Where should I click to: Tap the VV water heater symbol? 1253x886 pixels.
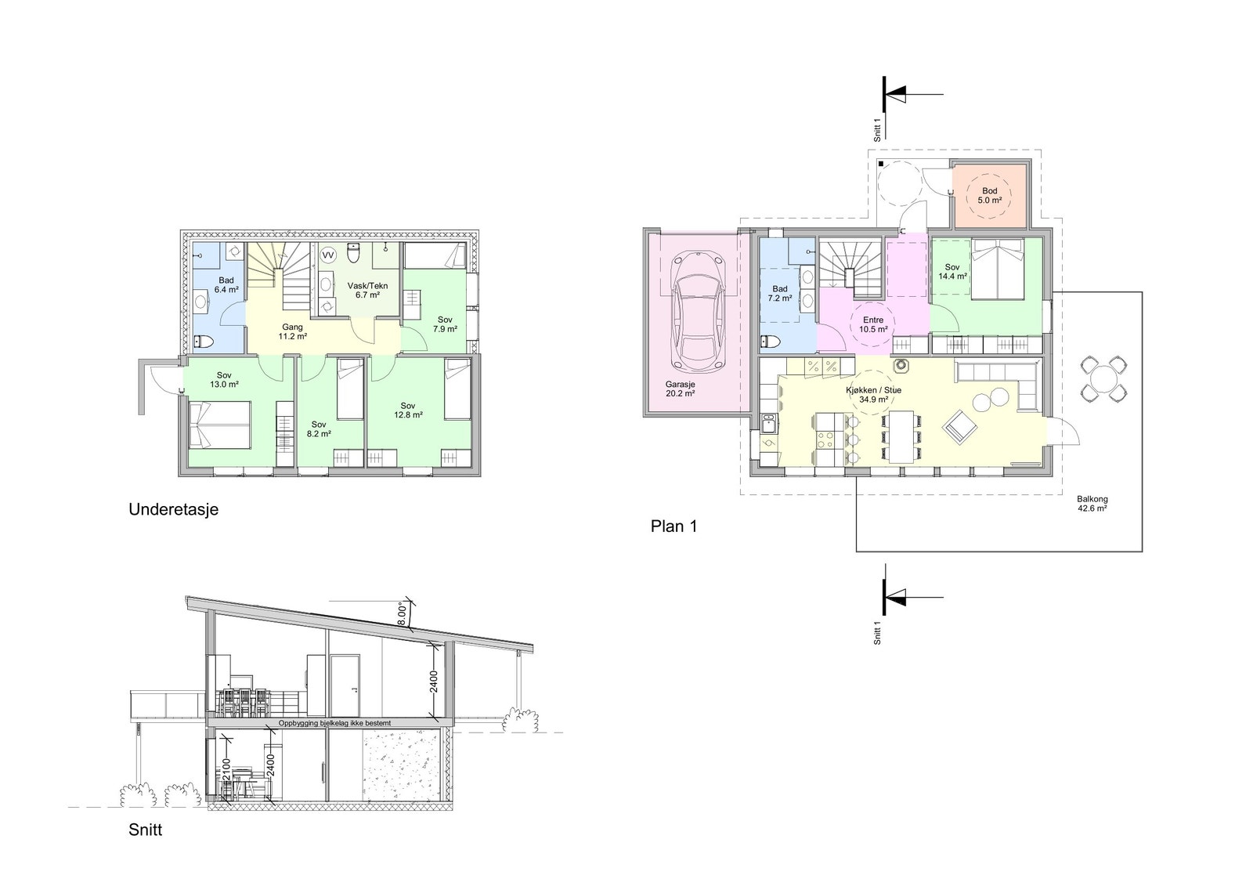[328, 255]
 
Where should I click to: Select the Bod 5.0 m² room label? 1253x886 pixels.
[990, 195]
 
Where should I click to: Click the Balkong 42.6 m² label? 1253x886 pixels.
[1092, 504]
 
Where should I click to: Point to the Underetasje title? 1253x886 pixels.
[173, 509]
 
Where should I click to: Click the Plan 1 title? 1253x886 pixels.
[673, 526]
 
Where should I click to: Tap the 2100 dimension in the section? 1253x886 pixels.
[226, 771]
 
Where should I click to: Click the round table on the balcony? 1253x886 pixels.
[1103, 378]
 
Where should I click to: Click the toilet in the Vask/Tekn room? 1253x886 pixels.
[353, 253]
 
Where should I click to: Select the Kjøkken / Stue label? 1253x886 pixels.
[874, 390]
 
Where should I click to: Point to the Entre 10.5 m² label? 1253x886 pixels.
[873, 324]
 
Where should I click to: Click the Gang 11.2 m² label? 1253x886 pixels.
[292, 331]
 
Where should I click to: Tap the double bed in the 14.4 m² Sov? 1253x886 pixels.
[998, 269]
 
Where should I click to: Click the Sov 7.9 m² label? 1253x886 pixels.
[445, 324]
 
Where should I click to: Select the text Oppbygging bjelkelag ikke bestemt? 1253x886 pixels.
[334, 723]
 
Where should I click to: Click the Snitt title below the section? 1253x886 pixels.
[146, 830]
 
